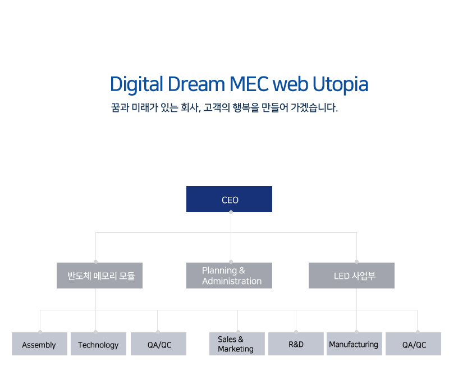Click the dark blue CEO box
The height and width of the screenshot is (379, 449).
click(229, 199)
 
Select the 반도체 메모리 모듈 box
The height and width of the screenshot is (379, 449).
click(99, 276)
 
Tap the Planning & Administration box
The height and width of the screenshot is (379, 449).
click(229, 276)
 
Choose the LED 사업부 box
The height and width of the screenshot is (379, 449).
click(351, 276)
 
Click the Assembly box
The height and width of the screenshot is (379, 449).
click(39, 344)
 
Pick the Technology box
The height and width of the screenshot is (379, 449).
click(98, 344)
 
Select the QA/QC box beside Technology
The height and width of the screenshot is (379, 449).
click(158, 344)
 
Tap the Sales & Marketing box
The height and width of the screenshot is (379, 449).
click(237, 344)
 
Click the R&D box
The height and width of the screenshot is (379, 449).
click(296, 344)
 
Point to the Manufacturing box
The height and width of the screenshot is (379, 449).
click(354, 344)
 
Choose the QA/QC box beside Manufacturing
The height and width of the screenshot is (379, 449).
click(413, 344)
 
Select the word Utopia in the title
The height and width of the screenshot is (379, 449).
click(340, 84)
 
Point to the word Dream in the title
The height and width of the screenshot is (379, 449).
click(194, 84)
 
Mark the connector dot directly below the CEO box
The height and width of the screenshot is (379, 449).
click(231, 213)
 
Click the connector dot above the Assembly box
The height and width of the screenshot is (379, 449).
click(40, 332)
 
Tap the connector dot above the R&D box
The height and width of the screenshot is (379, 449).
click(296, 332)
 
